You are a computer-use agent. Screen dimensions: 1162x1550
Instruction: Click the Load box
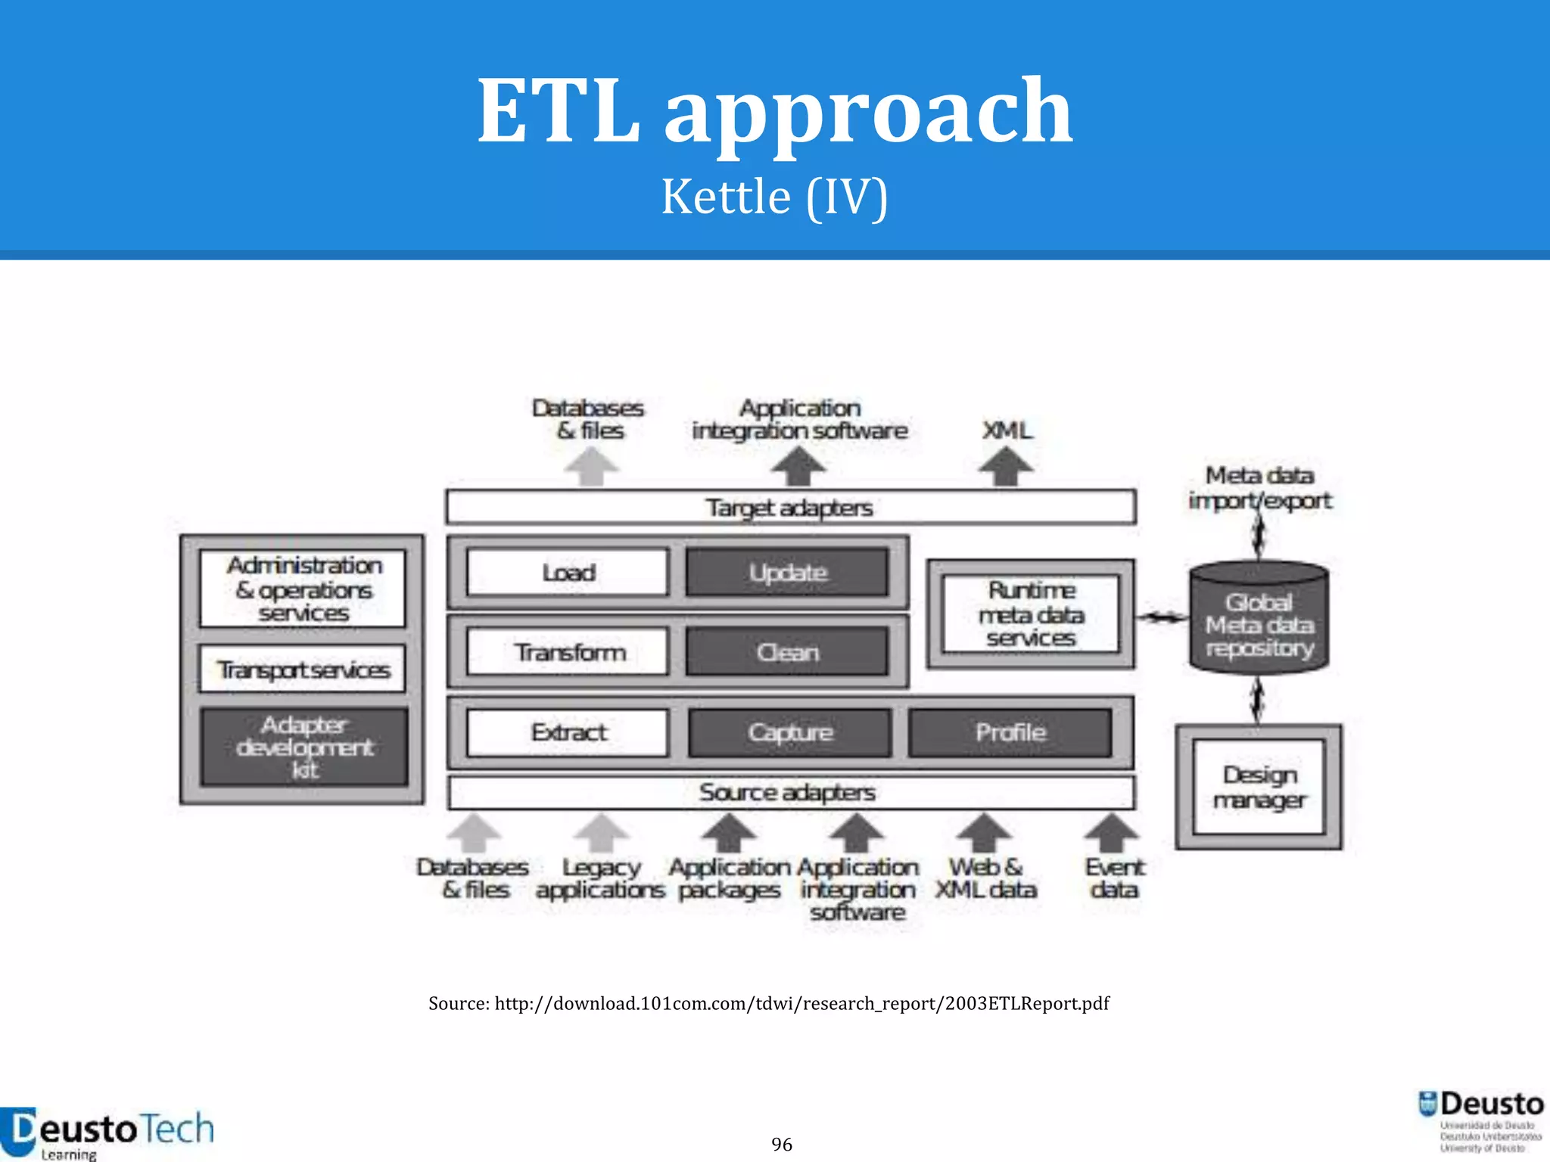[568, 573]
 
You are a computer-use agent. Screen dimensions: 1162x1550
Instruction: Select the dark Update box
[787, 573]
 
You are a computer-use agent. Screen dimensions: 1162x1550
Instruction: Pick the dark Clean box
[787, 652]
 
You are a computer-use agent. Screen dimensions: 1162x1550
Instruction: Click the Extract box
[568, 732]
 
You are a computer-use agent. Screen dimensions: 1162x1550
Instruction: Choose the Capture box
[789, 732]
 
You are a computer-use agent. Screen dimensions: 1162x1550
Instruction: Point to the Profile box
[1010, 732]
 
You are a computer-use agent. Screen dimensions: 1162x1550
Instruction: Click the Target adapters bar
[790, 507]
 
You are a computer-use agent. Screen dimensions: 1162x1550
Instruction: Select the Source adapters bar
[790, 792]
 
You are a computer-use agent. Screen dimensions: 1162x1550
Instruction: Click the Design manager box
[1259, 787]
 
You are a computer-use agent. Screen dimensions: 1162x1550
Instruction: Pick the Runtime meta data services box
[1031, 614]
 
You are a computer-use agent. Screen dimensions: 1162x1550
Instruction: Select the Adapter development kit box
[304, 747]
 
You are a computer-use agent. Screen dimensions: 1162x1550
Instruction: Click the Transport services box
[303, 670]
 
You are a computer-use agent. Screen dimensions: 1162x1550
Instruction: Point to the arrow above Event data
[1112, 832]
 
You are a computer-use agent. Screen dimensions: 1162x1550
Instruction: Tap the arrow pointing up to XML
[1006, 466]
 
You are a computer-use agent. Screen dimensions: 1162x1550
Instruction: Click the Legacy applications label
[600, 878]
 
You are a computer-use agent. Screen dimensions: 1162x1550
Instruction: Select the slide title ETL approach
[774, 110]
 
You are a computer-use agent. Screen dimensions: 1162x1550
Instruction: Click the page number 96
[782, 1144]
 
